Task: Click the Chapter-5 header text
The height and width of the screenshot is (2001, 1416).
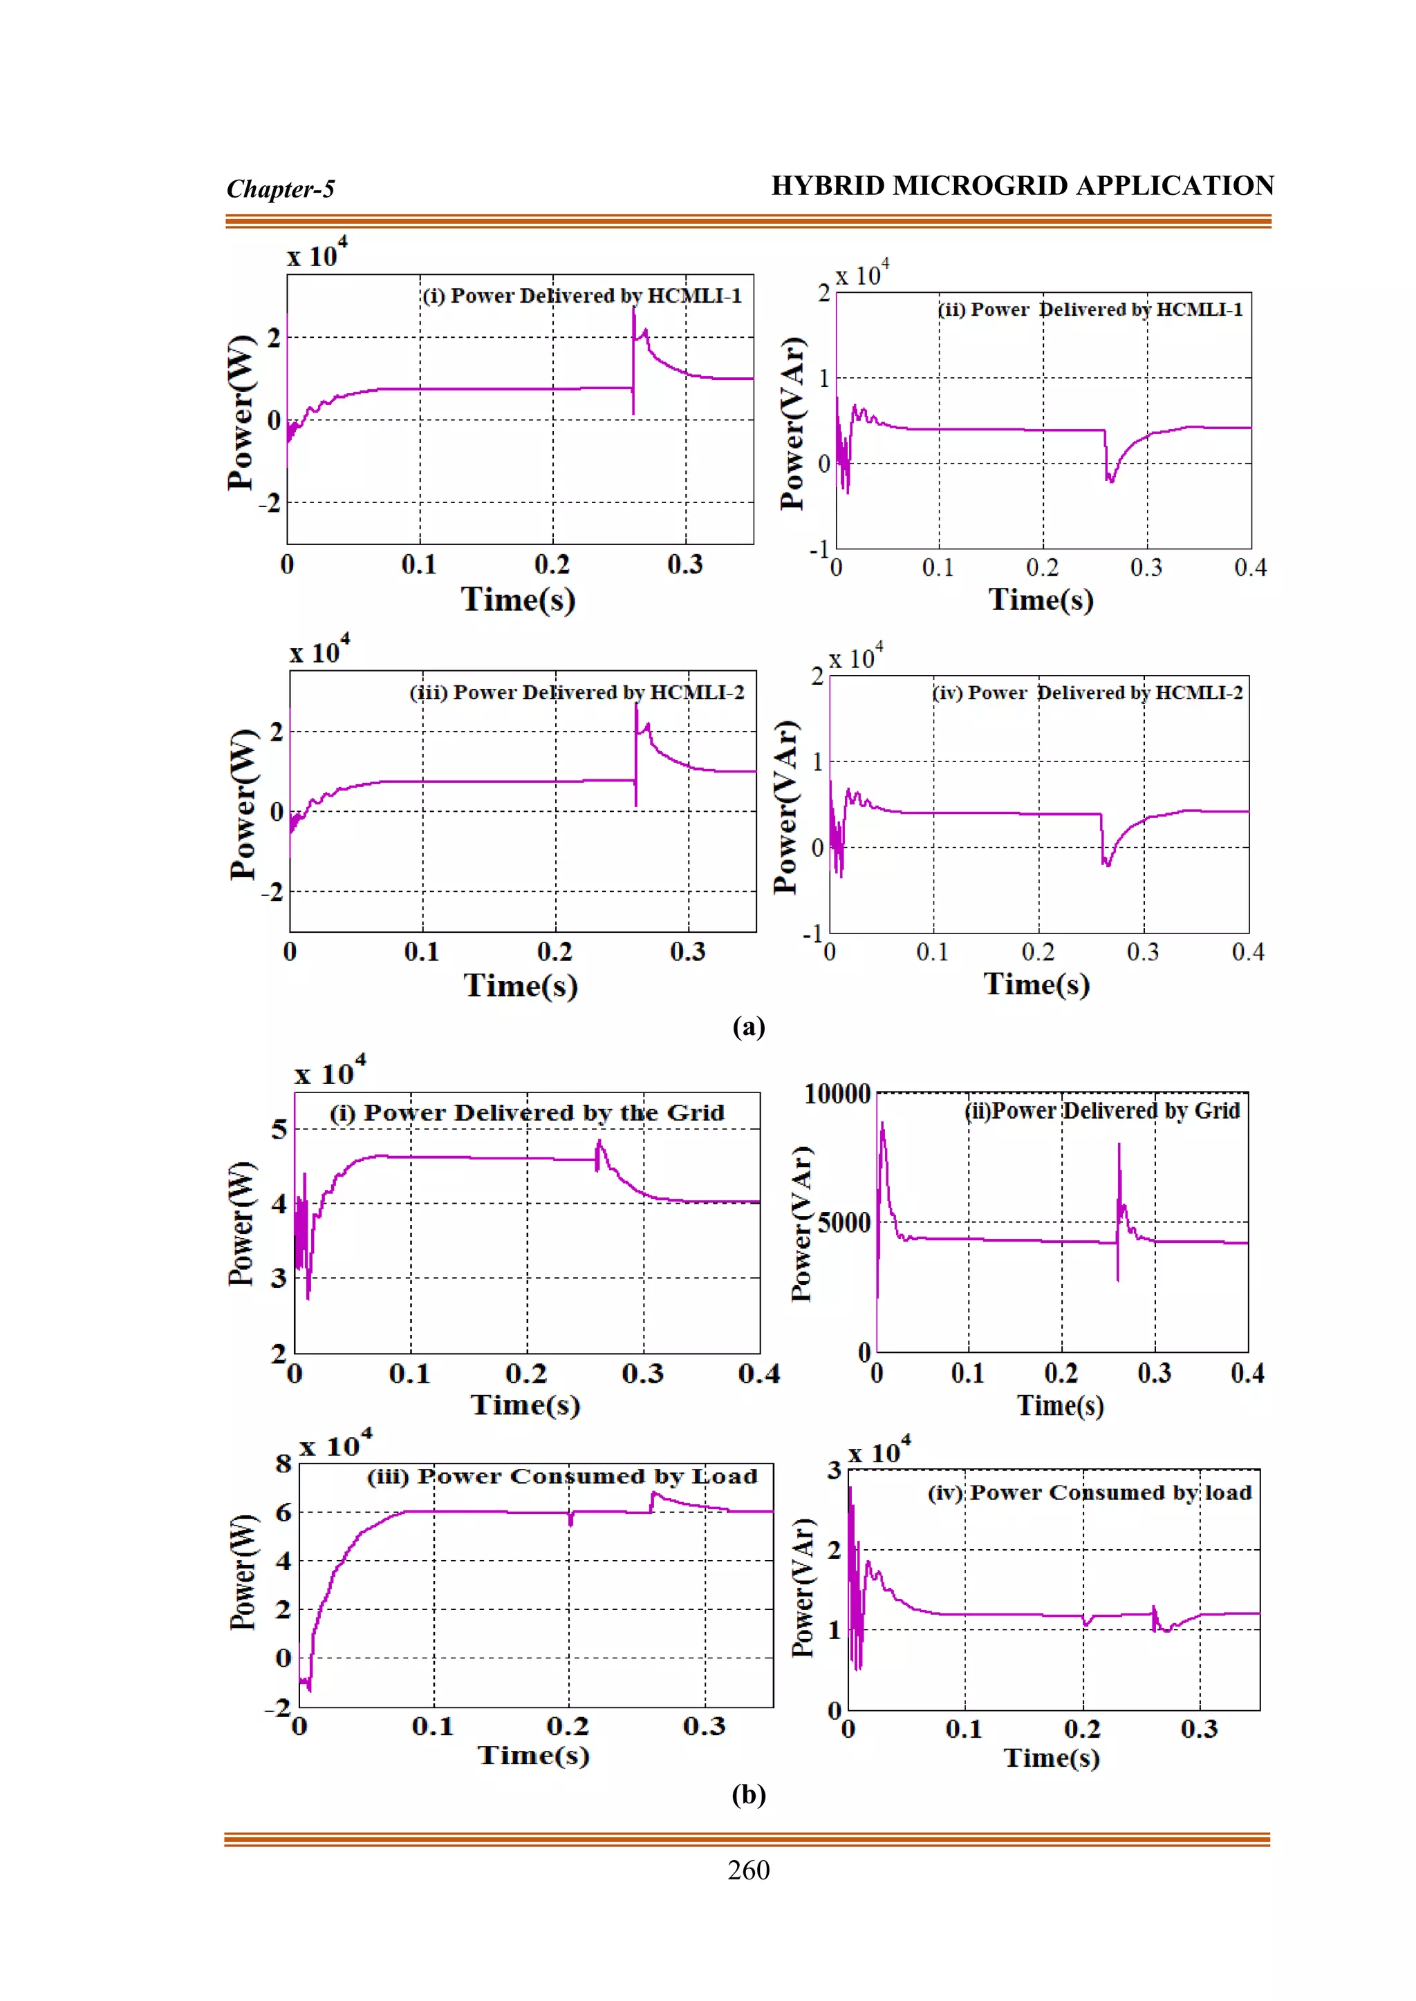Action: (280, 189)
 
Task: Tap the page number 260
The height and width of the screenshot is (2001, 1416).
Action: (748, 1870)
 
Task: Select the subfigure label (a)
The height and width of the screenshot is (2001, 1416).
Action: (748, 1027)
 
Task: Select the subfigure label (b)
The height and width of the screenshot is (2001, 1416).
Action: (748, 1794)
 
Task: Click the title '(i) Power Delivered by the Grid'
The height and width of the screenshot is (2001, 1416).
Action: (527, 1113)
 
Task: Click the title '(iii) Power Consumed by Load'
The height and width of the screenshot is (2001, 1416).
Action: (562, 1477)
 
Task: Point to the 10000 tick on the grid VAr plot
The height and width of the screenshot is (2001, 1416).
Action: (837, 1094)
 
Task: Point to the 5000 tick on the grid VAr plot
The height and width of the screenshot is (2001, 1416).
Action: (844, 1223)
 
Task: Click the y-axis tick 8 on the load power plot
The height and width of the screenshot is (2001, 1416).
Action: (283, 1463)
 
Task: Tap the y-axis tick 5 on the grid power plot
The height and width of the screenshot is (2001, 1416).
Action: (279, 1130)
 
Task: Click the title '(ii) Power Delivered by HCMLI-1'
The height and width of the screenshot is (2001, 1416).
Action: (1090, 310)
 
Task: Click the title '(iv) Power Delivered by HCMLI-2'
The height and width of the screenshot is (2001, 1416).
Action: (1088, 693)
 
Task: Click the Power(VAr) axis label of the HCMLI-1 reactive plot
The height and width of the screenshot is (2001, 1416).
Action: (792, 423)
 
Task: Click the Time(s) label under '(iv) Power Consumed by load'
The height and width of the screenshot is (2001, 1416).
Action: (1052, 1757)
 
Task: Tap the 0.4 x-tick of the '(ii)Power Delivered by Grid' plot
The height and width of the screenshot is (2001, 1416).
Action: (1247, 1374)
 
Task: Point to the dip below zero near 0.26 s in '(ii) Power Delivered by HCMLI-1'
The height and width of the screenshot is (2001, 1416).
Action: (1110, 477)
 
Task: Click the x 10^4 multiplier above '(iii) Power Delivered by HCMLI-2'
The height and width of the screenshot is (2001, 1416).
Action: (319, 652)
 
